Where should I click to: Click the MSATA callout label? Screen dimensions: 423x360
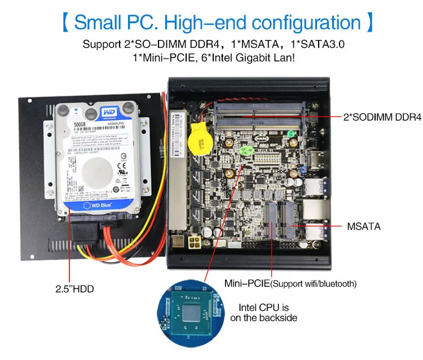pos(364,226)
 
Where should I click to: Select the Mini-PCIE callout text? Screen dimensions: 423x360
pos(247,283)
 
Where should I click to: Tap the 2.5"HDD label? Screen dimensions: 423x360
pos(74,289)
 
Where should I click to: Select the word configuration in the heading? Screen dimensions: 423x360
pos(306,23)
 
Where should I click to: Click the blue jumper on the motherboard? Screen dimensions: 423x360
pos(303,168)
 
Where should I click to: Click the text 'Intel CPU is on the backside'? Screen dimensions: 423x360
pos(263,313)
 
